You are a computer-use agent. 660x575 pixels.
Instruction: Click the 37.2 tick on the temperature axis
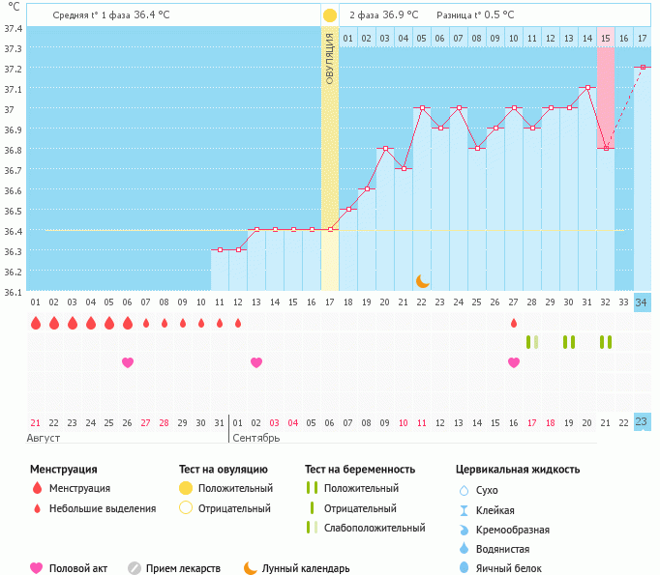(13, 69)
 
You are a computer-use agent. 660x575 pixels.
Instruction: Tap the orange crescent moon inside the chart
(423, 281)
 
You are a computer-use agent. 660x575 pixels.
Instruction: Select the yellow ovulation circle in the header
(330, 15)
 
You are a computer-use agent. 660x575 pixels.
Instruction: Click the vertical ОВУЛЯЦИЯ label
(330, 58)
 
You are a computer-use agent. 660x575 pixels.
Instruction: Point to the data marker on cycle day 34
(643, 68)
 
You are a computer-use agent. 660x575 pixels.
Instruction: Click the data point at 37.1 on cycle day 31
(587, 87)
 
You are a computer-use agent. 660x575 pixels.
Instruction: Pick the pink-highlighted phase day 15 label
(605, 39)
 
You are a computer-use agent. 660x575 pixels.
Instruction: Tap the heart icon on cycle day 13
(256, 362)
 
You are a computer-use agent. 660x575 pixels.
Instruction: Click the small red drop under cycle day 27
(514, 323)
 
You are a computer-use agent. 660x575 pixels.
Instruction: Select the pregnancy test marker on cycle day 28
(532, 342)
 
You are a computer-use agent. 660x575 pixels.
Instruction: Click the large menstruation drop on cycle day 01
(36, 323)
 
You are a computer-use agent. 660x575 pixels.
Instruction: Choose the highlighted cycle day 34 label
(642, 302)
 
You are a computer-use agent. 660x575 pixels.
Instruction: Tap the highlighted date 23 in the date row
(642, 422)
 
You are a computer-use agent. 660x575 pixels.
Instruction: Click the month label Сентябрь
(255, 438)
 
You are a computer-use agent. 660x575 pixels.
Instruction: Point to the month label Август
(44, 438)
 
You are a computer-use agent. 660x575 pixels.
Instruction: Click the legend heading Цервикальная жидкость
(518, 469)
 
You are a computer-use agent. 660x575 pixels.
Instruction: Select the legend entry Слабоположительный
(375, 528)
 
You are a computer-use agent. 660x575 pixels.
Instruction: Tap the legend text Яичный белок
(508, 568)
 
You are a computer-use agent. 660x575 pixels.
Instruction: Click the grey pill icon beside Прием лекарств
(135, 568)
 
